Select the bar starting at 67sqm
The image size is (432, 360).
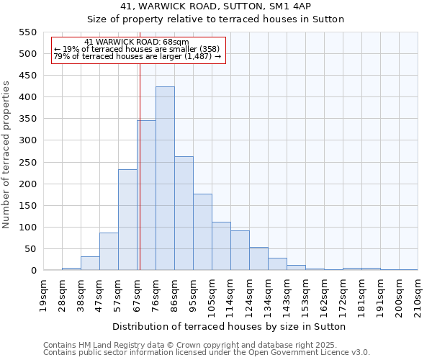coord(146,195)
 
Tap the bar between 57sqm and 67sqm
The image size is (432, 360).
coord(127,220)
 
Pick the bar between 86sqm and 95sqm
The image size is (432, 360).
coord(184,213)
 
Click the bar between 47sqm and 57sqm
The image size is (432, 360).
coord(109,251)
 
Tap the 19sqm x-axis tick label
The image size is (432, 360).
coord(43,294)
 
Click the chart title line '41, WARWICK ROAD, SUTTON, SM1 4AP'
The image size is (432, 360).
coord(216,7)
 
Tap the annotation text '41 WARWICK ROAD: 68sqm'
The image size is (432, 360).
coord(137,42)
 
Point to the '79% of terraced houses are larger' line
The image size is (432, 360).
coord(137,56)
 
